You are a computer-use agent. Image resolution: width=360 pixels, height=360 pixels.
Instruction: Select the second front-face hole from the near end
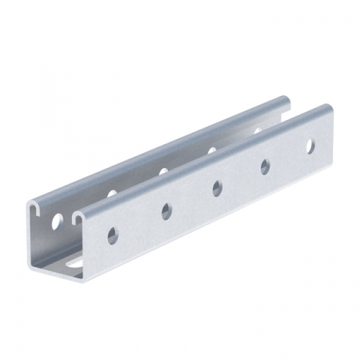[x=166, y=211]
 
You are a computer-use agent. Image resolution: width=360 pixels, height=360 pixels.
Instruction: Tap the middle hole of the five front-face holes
[x=217, y=188]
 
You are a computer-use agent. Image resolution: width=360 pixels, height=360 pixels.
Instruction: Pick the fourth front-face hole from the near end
[x=265, y=166]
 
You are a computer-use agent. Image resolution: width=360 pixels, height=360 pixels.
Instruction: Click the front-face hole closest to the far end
[x=310, y=146]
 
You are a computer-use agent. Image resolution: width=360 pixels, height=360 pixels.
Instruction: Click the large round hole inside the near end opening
[x=58, y=222]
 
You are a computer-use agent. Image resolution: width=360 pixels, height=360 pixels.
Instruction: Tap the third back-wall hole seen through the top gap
[x=163, y=171]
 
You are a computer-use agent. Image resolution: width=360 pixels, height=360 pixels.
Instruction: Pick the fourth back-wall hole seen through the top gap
[x=212, y=150]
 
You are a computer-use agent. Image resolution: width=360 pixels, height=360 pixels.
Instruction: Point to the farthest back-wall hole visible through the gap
[x=258, y=130]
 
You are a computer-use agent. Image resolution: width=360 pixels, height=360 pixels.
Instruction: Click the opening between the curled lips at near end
[x=57, y=210]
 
